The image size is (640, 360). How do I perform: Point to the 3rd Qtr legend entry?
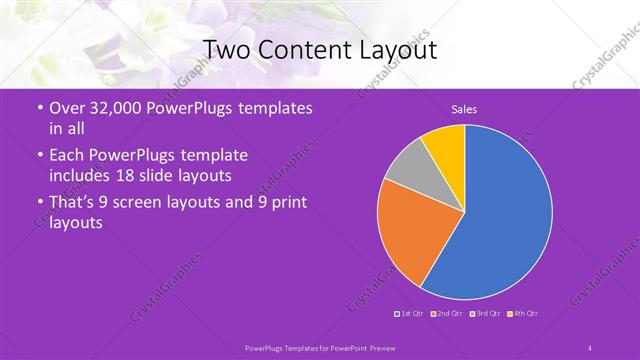[485, 314]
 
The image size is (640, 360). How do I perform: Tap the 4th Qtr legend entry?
[522, 314]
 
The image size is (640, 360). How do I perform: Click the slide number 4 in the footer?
[590, 347]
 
